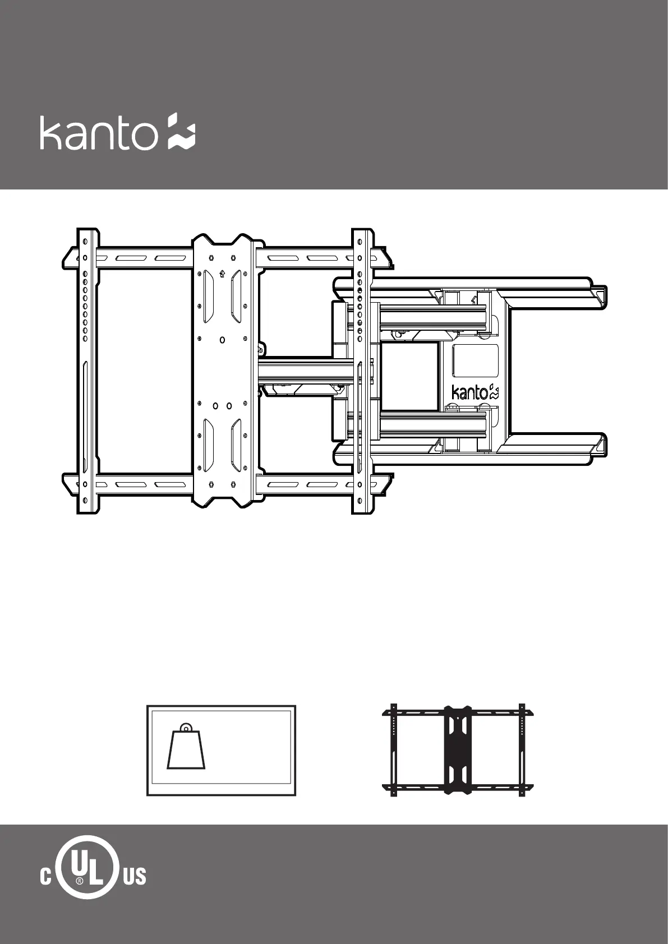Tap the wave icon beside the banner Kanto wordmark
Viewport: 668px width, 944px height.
pos(182,131)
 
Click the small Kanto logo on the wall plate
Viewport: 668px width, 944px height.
pos(475,392)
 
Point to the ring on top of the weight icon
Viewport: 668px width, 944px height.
pos(186,728)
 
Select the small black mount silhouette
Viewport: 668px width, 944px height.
pos(458,750)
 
